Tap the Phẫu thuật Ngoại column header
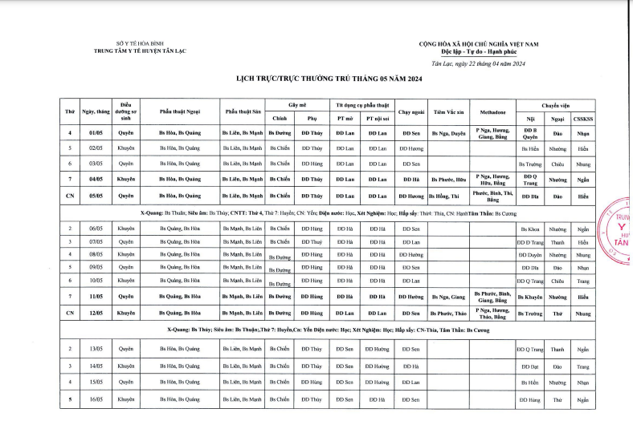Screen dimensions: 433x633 180,113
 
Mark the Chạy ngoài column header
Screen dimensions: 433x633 410,113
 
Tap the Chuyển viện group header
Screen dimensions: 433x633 555,105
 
